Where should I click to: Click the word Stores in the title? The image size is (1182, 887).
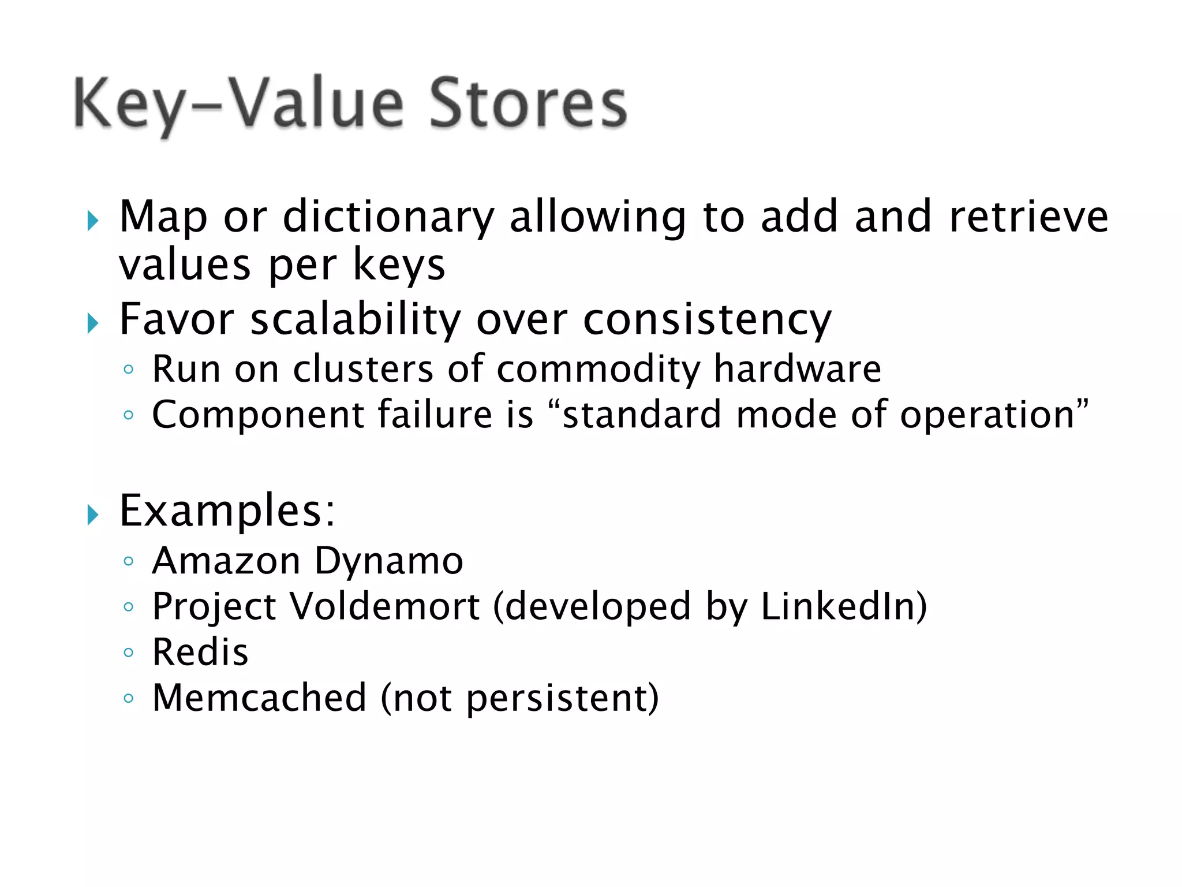coord(528,104)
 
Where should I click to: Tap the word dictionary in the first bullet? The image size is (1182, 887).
coord(388,217)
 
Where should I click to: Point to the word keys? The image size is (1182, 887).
coord(398,266)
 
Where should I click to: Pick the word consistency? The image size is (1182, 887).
coord(707,321)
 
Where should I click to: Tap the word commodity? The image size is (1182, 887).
coord(598,370)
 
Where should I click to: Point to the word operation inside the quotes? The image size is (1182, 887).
coord(987,416)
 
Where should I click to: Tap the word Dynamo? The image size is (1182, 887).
coord(389,562)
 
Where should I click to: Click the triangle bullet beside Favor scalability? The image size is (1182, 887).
coord(93,323)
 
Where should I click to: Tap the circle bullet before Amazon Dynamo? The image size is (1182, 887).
coord(129,561)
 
